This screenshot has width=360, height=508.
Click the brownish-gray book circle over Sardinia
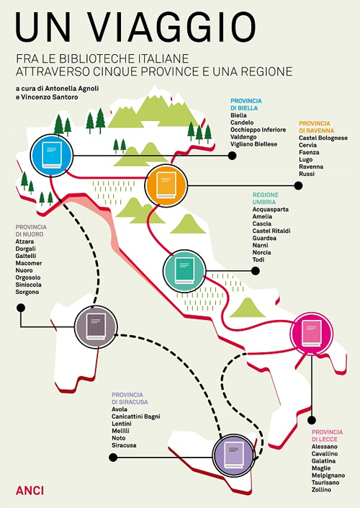(96, 327)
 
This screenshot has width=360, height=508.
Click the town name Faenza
(310, 152)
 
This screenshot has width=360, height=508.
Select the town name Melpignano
(328, 475)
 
